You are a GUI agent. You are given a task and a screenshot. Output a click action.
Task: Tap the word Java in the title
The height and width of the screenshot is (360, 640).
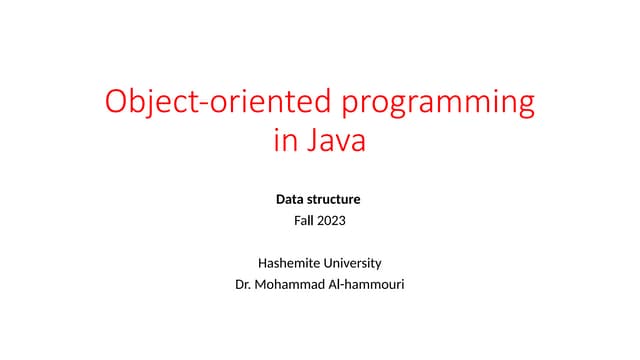334,141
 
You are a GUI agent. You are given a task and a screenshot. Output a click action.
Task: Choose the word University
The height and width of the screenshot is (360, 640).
351,263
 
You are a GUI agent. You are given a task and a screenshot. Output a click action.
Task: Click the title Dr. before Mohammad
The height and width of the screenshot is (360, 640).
240,284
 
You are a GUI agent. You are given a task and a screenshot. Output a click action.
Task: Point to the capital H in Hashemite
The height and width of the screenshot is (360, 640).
262,263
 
